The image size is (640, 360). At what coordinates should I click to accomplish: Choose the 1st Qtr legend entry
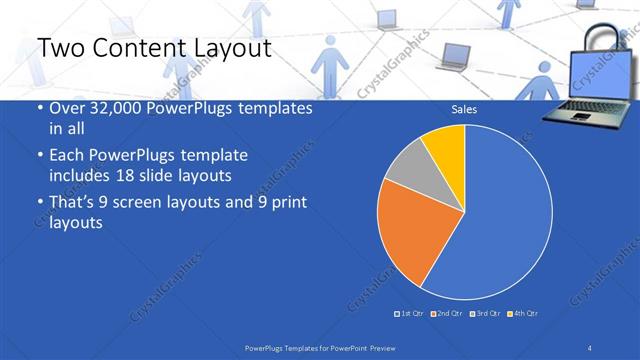click(411, 314)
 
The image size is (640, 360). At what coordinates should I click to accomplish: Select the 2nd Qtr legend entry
click(449, 314)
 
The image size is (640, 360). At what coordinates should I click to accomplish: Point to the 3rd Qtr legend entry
click(487, 314)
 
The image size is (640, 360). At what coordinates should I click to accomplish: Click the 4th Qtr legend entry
click(525, 314)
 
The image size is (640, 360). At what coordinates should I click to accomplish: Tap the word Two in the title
click(60, 49)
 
